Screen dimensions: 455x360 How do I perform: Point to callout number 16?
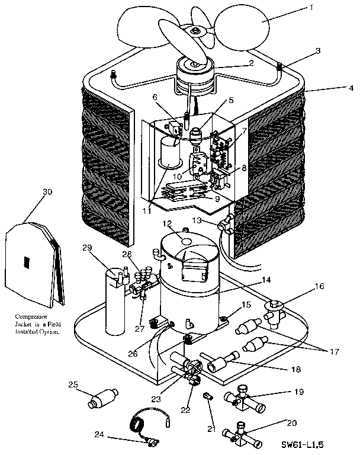click(x=319, y=285)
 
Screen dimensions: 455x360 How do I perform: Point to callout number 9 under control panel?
click(x=217, y=200)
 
